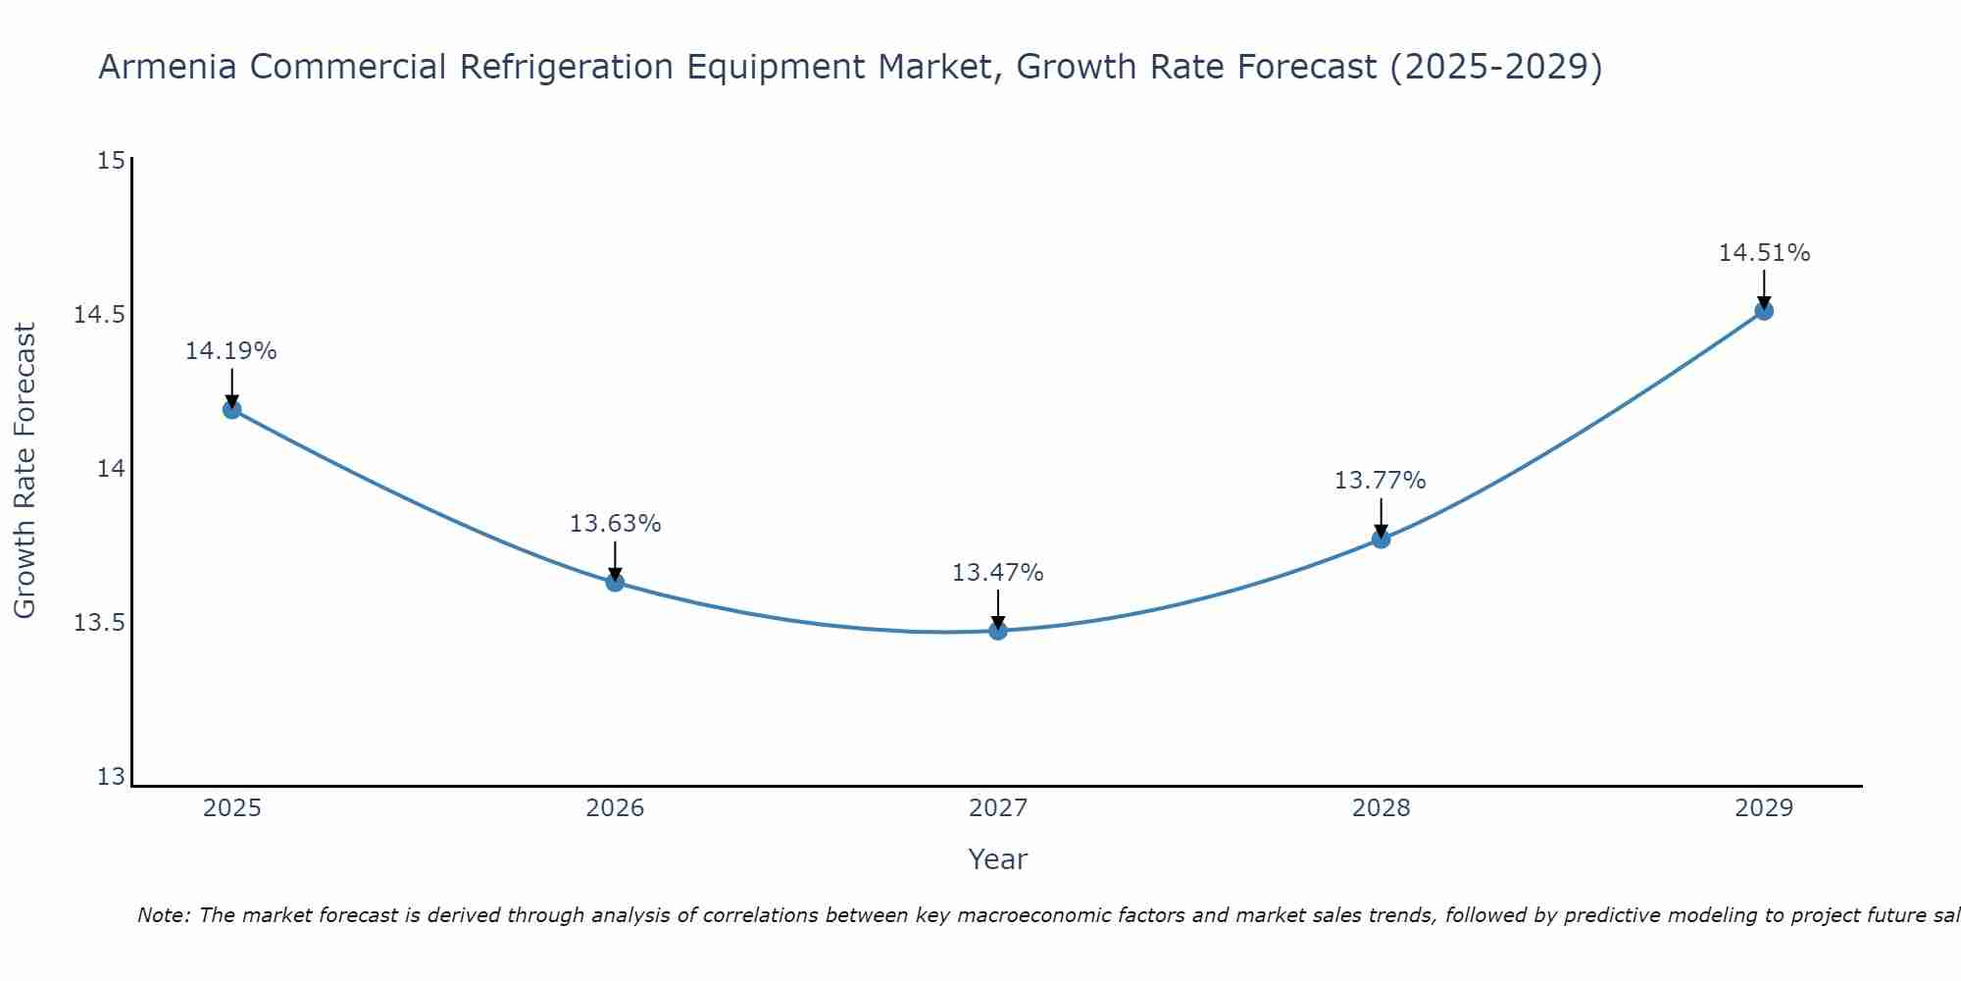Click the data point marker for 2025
pos(232,409)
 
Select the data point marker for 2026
pos(615,582)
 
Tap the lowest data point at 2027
pos(998,630)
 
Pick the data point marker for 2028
pos(1381,539)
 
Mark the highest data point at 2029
pos(1764,311)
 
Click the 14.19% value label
pos(231,351)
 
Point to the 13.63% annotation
pos(616,524)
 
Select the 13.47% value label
pos(998,573)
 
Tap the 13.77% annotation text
pos(1381,481)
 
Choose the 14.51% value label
pos(1764,253)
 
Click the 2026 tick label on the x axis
pos(615,808)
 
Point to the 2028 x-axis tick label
pos(1381,808)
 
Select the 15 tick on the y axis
pos(112,160)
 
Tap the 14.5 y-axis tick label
pos(100,315)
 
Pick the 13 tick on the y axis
pos(112,777)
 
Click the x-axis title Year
pos(998,859)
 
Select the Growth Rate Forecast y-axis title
pos(25,471)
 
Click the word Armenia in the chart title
pos(167,67)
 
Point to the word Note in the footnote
pos(162,915)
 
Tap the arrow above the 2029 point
pos(1764,287)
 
